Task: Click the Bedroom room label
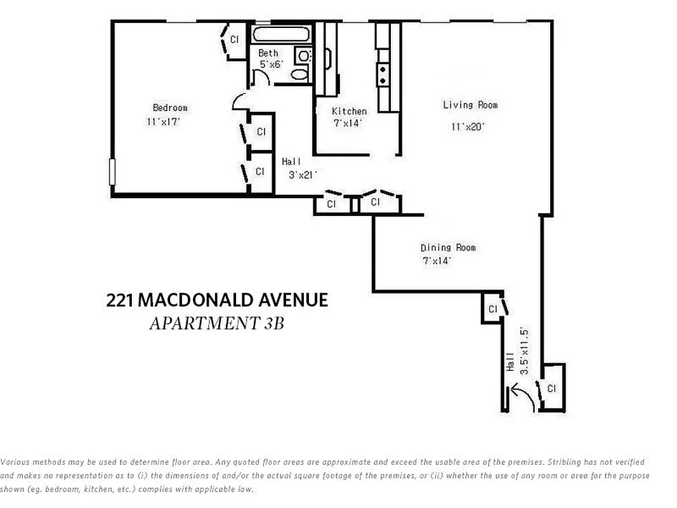pyautogui.click(x=170, y=108)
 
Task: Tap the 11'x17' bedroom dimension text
pyautogui.click(x=164, y=121)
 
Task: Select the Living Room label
pyautogui.click(x=470, y=105)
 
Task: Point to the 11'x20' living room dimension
pyautogui.click(x=468, y=126)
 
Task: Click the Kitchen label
pyautogui.click(x=349, y=111)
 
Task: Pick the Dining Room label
pyautogui.click(x=447, y=248)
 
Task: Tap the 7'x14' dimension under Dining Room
pyautogui.click(x=438, y=260)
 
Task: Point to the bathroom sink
pyautogui.click(x=304, y=57)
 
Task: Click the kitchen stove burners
pyautogui.click(x=383, y=75)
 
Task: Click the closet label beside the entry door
pyautogui.click(x=551, y=388)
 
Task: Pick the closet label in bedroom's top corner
pyautogui.click(x=234, y=39)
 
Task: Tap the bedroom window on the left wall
pyautogui.click(x=112, y=171)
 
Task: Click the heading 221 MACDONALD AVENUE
pyautogui.click(x=217, y=300)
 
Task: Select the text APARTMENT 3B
pyautogui.click(x=216, y=323)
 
